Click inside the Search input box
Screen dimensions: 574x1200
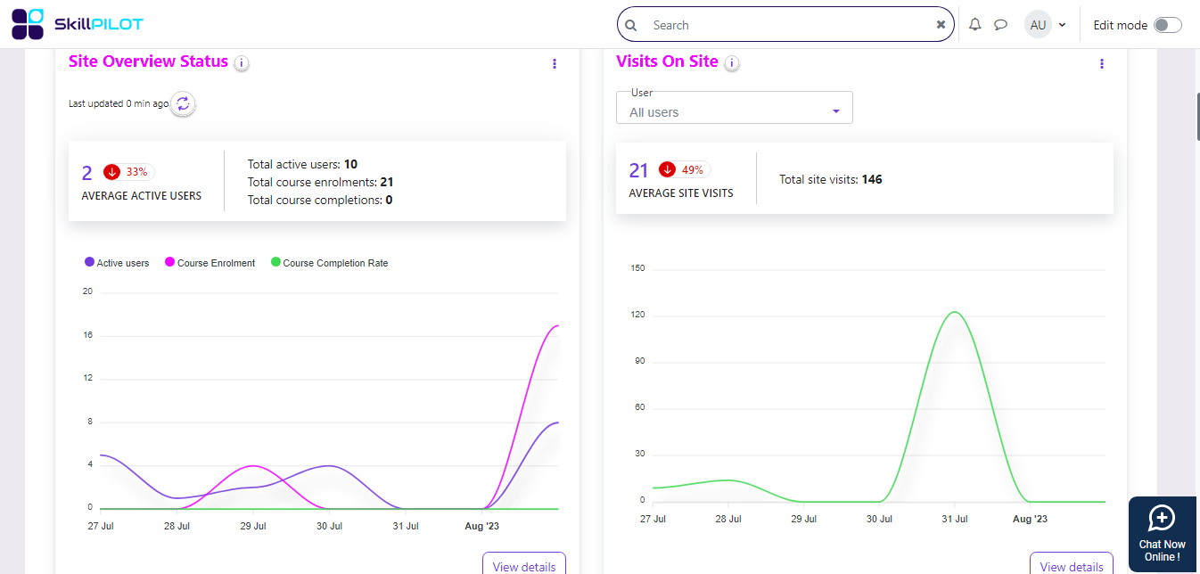(785, 25)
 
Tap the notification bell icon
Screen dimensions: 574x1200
(975, 25)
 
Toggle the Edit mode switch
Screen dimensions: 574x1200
(1167, 25)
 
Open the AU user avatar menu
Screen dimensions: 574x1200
(1045, 25)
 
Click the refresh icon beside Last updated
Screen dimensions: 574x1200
(183, 104)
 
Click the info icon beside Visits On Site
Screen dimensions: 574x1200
(732, 63)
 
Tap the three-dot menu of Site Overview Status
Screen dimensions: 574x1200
(555, 63)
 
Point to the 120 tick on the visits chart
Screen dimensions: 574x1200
(637, 315)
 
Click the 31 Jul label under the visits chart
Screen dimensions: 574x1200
(954, 519)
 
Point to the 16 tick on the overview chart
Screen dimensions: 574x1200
(87, 335)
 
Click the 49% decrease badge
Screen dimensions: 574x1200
(684, 169)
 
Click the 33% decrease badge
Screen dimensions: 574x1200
(128, 172)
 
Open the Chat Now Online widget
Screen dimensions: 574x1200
(1162, 533)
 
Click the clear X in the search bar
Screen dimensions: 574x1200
(941, 25)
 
